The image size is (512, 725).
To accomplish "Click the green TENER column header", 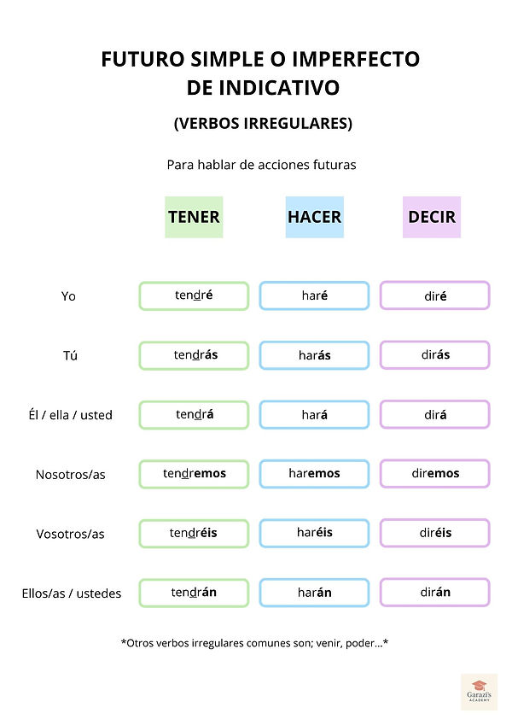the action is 194,217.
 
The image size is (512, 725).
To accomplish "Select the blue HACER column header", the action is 314,217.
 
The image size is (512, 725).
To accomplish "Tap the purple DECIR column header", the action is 432,217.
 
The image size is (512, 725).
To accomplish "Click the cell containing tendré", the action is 194,295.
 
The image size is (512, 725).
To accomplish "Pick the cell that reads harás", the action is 314,355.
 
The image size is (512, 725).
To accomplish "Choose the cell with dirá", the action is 435,414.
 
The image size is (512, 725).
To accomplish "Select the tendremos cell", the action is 194,473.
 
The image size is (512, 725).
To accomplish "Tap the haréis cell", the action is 314,533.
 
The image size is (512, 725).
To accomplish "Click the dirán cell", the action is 435,592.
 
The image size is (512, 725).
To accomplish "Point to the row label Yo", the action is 68,296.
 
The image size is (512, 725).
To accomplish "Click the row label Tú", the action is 70,355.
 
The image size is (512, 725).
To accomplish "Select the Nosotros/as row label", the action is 70,475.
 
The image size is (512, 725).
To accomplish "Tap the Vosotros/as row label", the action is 70,534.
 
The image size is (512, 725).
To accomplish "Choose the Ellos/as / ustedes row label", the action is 72,593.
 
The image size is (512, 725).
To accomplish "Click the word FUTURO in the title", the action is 143,59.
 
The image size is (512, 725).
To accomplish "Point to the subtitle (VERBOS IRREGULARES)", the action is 263,124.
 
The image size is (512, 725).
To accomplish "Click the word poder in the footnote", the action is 360,643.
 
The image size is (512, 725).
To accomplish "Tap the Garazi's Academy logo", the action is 480,691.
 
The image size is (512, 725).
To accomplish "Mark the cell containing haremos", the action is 314,473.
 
